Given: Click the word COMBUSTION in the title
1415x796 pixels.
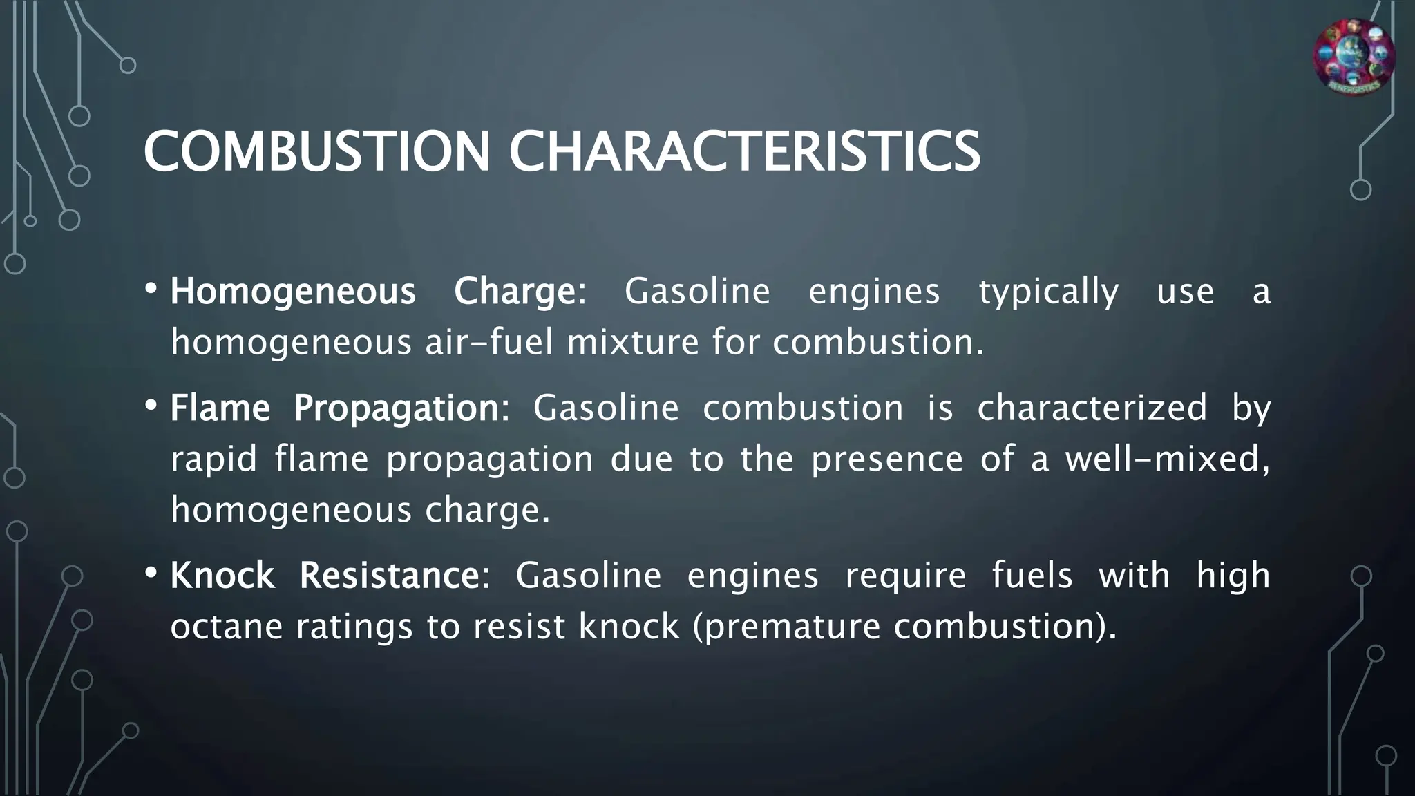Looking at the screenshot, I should [x=316, y=151].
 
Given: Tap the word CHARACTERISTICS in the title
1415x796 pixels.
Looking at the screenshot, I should [x=744, y=151].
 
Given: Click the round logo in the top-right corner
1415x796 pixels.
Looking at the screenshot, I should [x=1354, y=57].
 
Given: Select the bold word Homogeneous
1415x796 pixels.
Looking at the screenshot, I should [x=293, y=292].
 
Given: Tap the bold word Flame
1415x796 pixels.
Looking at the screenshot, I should [x=220, y=408].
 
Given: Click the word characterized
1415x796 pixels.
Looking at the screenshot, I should [x=1092, y=408].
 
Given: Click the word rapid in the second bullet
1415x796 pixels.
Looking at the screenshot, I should [x=213, y=459].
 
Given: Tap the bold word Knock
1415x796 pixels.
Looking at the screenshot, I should [x=222, y=576].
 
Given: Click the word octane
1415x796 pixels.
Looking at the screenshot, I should [x=227, y=627].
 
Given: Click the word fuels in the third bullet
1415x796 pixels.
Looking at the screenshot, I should [x=1032, y=576].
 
